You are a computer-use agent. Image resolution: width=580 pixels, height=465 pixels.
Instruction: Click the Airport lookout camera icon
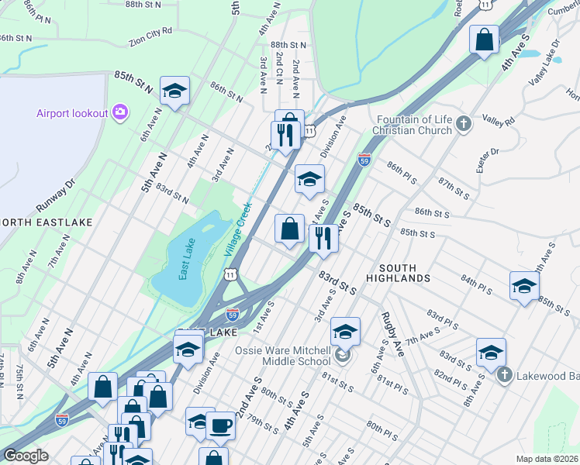119,113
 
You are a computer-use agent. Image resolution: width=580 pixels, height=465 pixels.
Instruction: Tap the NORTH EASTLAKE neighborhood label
47,222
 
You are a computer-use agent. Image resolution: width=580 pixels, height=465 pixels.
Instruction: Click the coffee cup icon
220,425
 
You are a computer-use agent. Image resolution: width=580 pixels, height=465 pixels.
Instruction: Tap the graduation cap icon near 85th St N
174,91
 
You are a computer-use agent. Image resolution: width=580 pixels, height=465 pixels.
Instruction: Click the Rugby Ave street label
393,333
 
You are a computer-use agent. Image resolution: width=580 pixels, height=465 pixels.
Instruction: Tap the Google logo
26,456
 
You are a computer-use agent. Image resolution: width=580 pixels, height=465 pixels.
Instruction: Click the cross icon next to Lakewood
504,376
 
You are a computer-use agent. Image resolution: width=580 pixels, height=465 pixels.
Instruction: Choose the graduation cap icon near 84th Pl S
524,286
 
